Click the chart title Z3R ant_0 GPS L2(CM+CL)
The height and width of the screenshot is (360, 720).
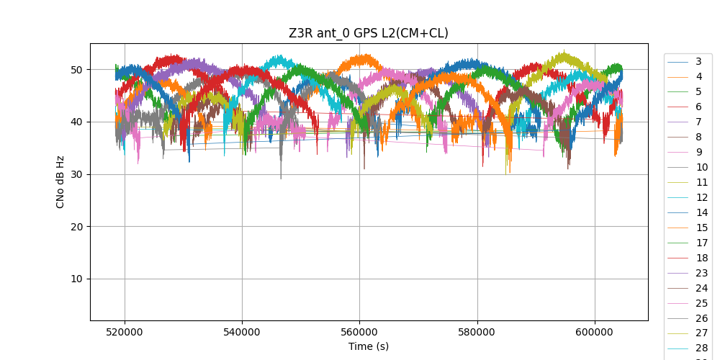coord(368,33)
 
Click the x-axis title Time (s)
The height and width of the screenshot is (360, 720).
coord(369,346)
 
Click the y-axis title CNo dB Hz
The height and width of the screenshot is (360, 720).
coord(61,182)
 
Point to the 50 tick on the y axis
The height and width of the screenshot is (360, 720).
coord(76,70)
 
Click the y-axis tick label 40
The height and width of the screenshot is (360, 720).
coord(76,122)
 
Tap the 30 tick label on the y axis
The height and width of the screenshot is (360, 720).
coord(76,174)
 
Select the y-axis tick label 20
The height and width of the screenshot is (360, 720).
coord(76,227)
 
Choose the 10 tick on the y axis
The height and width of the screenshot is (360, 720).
coord(76,279)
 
